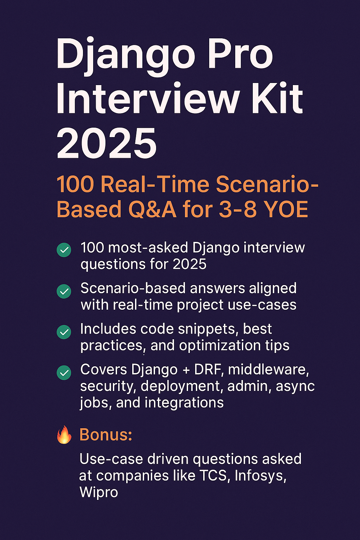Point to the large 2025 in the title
point(107,143)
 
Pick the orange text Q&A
point(152,209)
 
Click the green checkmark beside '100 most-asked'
point(64,250)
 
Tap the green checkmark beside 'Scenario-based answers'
point(64,291)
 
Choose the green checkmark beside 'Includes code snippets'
point(64,332)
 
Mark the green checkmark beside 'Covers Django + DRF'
point(64,373)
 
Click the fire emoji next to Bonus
point(64,435)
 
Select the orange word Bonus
point(106,435)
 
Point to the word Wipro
point(99,493)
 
